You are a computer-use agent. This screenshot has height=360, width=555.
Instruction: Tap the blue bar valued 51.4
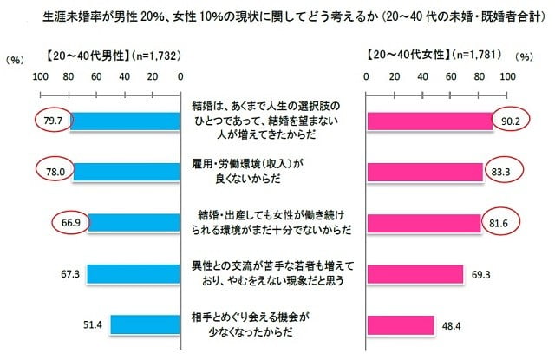[145, 324]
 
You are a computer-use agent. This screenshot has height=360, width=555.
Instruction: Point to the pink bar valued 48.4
[401, 324]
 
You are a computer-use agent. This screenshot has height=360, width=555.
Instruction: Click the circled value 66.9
[71, 223]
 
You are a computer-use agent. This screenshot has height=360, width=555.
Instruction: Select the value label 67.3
[71, 273]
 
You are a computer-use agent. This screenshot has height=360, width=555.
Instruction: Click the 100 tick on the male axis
[40, 76]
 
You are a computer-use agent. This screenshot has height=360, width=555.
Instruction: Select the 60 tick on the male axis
[96, 76]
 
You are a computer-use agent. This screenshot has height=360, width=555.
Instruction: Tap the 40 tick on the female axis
[423, 76]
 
